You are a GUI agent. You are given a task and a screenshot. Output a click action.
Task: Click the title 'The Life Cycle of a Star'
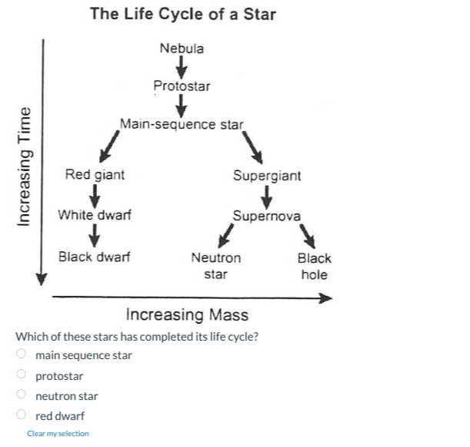(182, 13)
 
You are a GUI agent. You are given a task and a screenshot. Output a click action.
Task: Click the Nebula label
(182, 49)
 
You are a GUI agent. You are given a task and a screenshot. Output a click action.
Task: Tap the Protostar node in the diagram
(181, 86)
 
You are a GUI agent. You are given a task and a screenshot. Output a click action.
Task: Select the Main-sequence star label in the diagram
(181, 124)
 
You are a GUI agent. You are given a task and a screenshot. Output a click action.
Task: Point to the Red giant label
(95, 175)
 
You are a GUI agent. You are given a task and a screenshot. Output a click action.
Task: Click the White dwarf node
(95, 215)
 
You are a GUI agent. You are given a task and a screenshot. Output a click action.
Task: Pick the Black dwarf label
(94, 257)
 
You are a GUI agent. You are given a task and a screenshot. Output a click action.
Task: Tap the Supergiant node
(267, 176)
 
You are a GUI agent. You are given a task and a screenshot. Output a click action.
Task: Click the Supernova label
(267, 216)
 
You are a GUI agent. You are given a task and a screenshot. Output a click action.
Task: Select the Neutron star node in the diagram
(215, 266)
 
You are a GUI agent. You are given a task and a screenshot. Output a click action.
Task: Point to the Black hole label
(314, 266)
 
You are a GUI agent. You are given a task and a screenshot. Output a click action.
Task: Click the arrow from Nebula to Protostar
(182, 67)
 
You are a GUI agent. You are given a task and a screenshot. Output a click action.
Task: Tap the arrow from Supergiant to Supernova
(267, 196)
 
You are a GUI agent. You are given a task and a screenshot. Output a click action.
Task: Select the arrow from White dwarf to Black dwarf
(94, 236)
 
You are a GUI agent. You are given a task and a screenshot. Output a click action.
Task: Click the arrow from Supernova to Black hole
(307, 235)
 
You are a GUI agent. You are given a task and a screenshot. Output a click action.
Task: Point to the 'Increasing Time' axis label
(24, 166)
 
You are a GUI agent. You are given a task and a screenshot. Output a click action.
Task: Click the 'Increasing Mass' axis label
(187, 314)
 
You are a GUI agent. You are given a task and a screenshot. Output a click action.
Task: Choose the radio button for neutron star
(22, 395)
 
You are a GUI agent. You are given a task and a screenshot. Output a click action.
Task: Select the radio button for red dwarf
(22, 415)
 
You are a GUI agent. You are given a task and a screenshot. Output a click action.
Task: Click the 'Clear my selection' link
(58, 433)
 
